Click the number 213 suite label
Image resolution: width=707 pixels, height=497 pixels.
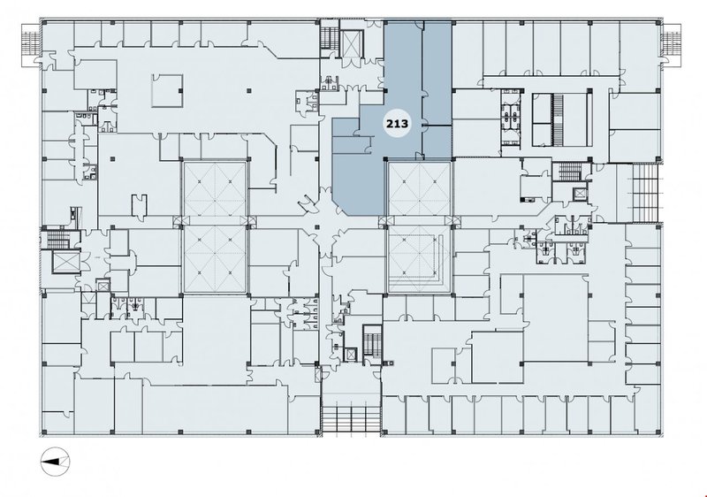coord(397,123)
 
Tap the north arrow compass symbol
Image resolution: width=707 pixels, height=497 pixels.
coord(56,461)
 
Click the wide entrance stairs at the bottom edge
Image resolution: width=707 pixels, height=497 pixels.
coord(351,419)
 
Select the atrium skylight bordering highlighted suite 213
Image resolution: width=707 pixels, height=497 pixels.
coord(419,188)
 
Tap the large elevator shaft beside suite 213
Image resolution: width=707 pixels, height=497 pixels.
coord(350,43)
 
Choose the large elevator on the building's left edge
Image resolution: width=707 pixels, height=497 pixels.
coord(65,262)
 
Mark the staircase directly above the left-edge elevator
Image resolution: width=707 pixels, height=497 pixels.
coord(57,239)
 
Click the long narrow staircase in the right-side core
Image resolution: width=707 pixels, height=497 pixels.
coord(559,120)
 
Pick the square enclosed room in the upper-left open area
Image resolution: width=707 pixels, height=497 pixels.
coord(167,91)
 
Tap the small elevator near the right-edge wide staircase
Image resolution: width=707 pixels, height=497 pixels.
coord(579,195)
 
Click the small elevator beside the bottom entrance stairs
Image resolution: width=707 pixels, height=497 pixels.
coord(350,354)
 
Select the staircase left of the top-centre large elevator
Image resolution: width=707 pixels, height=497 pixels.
coord(329,38)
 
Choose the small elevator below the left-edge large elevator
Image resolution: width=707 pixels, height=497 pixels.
coord(103,286)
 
